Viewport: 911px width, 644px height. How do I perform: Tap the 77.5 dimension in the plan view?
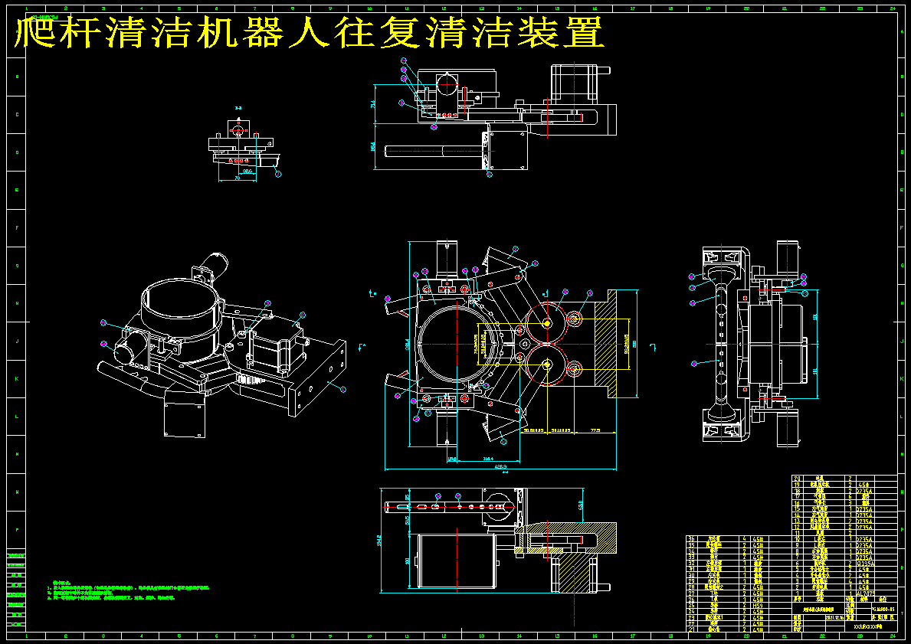pyautogui.click(x=595, y=430)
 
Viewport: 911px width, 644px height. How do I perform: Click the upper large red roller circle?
pyautogui.click(x=546, y=322)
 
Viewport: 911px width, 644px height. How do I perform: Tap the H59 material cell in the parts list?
pyautogui.click(x=758, y=605)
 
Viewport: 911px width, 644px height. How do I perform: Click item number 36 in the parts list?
pyautogui.click(x=691, y=539)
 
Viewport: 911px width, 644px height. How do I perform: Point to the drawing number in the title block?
pyautogui.click(x=884, y=610)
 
